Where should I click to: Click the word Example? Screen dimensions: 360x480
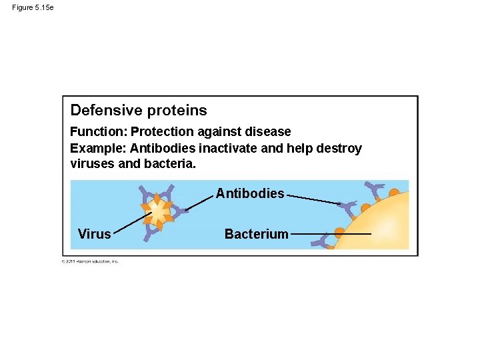[98, 148]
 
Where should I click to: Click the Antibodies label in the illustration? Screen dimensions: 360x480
[249, 194]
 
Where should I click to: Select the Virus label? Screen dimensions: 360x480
[94, 234]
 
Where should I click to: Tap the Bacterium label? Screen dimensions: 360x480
[256, 234]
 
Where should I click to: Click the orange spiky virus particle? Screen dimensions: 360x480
[159, 212]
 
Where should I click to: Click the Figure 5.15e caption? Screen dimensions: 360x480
[33, 7]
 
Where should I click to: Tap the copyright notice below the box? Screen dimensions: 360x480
[90, 261]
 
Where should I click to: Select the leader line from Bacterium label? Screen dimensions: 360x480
[331, 234]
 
